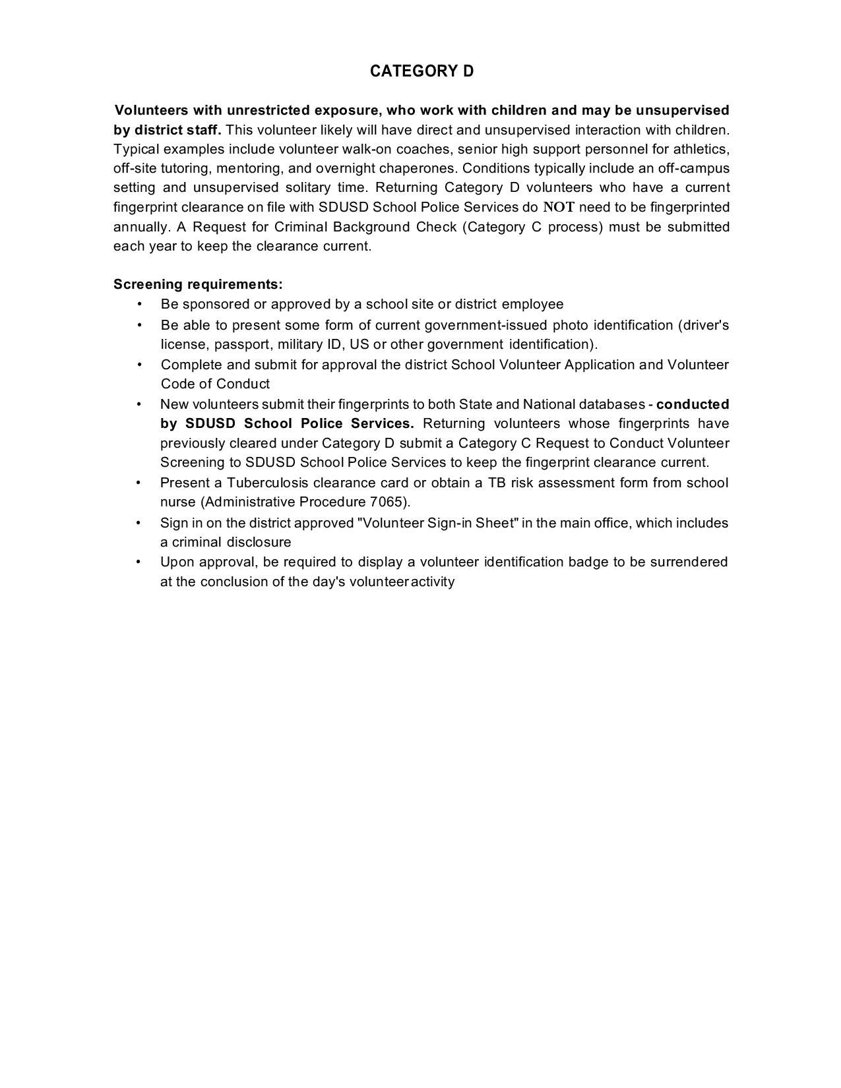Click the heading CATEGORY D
click(421, 71)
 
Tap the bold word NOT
click(559, 207)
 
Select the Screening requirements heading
click(198, 284)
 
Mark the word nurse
click(178, 502)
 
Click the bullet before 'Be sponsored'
click(139, 304)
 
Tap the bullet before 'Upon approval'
click(139, 562)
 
